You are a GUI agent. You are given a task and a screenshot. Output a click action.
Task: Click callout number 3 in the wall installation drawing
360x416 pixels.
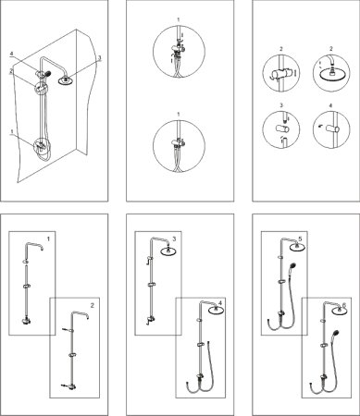pos(100,57)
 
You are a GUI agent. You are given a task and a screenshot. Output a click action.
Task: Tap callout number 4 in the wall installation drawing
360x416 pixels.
pos(11,54)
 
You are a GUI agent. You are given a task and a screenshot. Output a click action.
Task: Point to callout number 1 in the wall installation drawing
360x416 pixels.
pos(12,131)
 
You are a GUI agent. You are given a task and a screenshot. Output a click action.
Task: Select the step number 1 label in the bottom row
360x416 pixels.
pos(48,239)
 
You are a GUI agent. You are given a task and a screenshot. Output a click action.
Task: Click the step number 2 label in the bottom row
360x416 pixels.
pos(92,305)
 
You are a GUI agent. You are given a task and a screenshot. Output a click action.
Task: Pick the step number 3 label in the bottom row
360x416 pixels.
pos(174,239)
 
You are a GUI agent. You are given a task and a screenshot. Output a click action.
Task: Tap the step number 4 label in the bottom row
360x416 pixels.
pos(220,303)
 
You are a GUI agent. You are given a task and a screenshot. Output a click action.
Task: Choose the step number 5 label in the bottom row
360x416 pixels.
pos(300,239)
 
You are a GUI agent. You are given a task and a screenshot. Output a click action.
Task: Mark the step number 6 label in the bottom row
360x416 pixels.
pos(344,305)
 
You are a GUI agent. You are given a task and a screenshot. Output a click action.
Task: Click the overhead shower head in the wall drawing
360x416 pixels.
pos(66,80)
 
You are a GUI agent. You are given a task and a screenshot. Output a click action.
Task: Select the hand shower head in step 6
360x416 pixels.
pos(336,334)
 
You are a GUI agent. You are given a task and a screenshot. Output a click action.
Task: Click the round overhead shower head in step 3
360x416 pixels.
pos(168,251)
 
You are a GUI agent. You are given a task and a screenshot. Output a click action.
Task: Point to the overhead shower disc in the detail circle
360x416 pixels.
pos(331,76)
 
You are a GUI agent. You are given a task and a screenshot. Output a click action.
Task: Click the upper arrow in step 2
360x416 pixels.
pos(65,330)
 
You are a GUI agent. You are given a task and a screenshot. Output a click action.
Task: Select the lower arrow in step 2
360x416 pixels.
pos(64,385)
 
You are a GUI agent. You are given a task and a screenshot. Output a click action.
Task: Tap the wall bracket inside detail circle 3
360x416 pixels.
pos(281,128)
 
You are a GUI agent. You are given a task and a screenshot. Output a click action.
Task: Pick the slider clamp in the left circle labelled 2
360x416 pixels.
pos(280,74)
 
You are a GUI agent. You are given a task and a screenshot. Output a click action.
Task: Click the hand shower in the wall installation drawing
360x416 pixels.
pos(47,73)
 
